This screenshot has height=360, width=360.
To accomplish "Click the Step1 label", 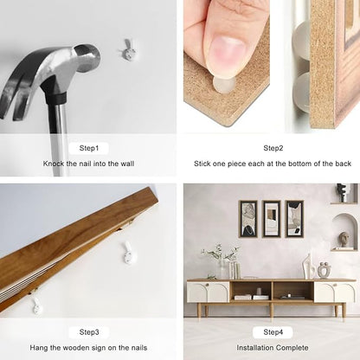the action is (x=89, y=148).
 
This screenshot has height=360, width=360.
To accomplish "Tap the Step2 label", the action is (x=273, y=148).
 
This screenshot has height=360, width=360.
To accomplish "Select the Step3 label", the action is (x=89, y=332).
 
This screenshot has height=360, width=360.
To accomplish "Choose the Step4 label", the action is (x=273, y=332).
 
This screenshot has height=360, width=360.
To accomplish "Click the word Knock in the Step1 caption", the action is (x=54, y=164).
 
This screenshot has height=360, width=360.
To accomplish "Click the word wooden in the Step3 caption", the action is (x=76, y=348).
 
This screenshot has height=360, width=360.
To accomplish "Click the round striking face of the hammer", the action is (x=87, y=58).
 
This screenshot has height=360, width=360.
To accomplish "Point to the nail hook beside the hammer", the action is (x=127, y=50).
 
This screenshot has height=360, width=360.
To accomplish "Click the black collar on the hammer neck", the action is (x=55, y=97).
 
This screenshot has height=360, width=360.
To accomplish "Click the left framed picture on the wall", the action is (x=248, y=219).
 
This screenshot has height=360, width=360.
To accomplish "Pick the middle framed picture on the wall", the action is (x=272, y=219).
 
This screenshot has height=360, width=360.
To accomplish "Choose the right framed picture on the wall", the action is (x=294, y=219).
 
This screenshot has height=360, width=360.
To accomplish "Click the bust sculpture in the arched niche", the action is (x=344, y=240).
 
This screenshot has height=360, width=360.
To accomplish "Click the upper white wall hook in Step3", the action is (x=128, y=253).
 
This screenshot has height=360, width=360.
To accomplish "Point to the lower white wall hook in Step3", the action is (x=37, y=306).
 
